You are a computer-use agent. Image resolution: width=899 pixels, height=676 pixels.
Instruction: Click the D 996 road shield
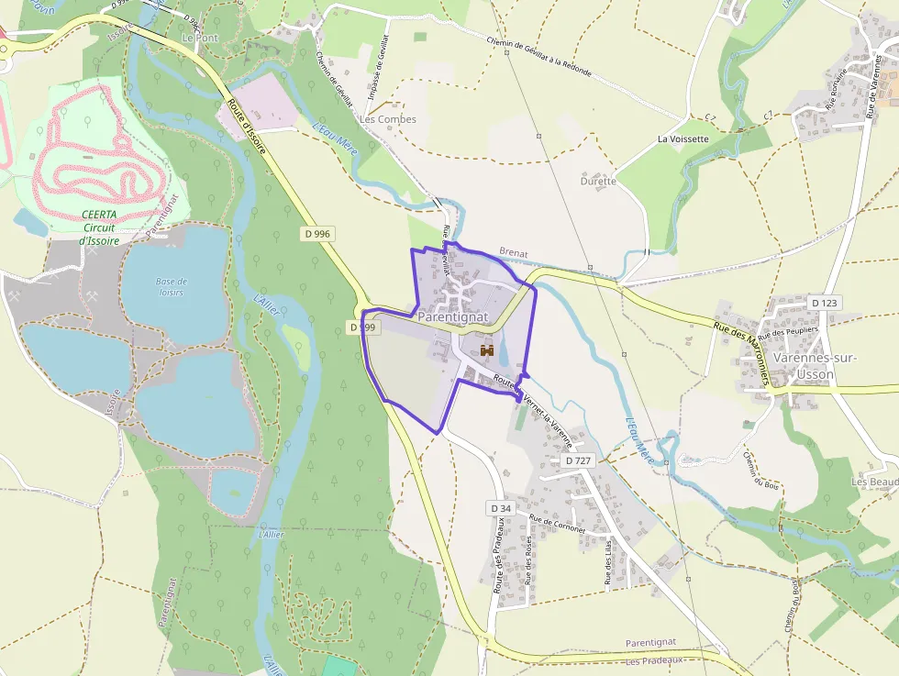(x=316, y=234)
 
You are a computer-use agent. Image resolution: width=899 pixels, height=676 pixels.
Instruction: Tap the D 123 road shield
(x=825, y=303)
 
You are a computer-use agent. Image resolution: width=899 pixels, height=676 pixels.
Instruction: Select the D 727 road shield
(x=577, y=460)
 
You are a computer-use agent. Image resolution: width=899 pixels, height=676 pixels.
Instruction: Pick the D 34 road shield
(x=499, y=508)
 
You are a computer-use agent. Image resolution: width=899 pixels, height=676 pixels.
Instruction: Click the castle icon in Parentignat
(x=487, y=349)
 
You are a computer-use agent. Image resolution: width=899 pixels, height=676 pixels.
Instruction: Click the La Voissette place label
(x=683, y=139)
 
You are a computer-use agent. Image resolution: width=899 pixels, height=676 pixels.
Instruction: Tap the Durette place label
(x=598, y=182)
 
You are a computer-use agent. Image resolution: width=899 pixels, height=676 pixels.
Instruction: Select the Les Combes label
(x=388, y=119)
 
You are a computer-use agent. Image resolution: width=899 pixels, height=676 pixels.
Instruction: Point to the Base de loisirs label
(x=171, y=286)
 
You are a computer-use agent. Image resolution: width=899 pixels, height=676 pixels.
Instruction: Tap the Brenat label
(x=515, y=251)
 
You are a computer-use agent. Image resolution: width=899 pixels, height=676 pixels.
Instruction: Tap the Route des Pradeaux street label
(x=500, y=555)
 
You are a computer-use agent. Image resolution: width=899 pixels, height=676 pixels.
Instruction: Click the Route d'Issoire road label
(x=248, y=124)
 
